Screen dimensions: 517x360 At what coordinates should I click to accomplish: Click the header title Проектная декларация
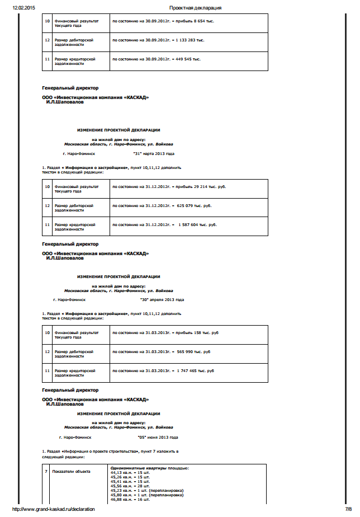coord(195,8)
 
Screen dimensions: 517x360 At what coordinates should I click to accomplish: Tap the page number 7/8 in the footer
coord(349,509)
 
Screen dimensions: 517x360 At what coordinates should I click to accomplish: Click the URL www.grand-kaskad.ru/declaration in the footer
coord(53,509)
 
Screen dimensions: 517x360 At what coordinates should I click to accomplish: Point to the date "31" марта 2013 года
coord(154,153)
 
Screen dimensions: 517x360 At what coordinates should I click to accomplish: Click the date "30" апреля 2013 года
coord(163,300)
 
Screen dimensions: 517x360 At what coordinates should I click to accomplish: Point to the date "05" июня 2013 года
coord(158,437)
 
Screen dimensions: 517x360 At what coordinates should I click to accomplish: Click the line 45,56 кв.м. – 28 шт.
coord(130,486)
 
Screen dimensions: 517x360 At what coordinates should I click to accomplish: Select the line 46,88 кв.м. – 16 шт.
coord(130,499)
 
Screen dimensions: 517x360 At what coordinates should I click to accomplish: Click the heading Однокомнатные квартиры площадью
coord(150,468)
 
